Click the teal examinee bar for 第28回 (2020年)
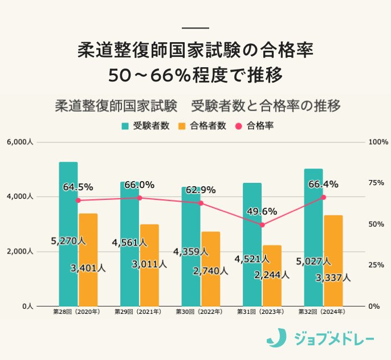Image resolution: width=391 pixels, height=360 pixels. point(68,234)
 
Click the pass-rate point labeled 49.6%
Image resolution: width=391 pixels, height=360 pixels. point(262,225)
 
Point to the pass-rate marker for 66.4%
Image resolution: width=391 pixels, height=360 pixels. point(323,197)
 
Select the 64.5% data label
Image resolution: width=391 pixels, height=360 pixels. point(78,186)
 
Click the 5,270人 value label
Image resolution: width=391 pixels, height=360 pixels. point(68,241)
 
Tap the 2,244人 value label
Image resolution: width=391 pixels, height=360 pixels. point(271,275)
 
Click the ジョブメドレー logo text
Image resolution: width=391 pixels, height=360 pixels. point(333,339)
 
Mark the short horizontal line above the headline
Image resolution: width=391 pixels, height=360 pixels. point(195,28)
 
